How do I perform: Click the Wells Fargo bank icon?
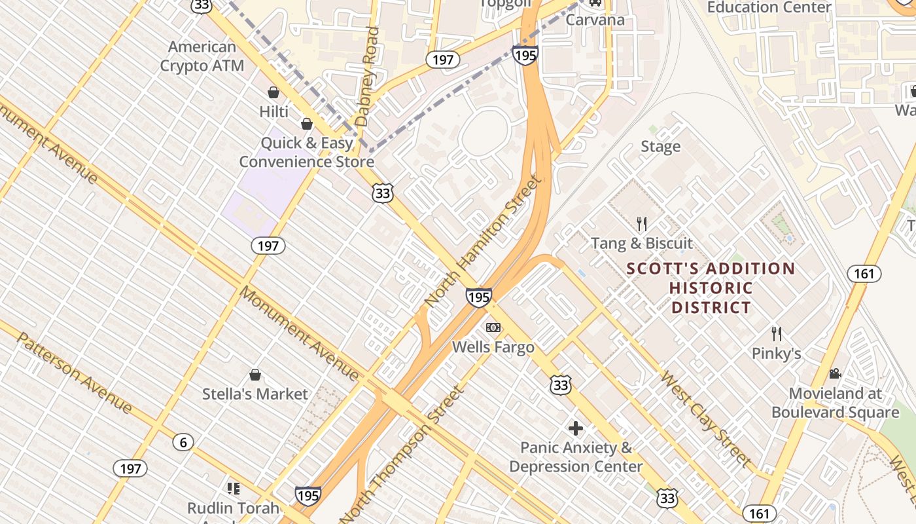point(493,327)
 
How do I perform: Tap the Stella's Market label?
point(255,394)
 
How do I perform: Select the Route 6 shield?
point(183,442)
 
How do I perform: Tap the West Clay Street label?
point(705,419)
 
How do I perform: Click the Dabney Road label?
point(367,76)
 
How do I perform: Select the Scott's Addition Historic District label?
point(711,288)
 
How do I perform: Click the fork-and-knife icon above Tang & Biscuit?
point(642,224)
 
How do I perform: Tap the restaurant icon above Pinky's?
point(776,333)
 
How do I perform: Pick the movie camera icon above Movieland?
point(835,373)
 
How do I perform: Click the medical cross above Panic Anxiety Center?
point(576,428)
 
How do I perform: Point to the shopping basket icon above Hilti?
point(273,93)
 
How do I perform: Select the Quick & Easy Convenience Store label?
point(306,152)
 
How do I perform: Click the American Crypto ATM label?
point(202,56)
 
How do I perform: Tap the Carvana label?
point(595,20)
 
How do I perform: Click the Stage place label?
point(660,146)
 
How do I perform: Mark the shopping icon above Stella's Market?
point(255,375)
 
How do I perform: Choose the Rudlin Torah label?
point(233,508)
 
